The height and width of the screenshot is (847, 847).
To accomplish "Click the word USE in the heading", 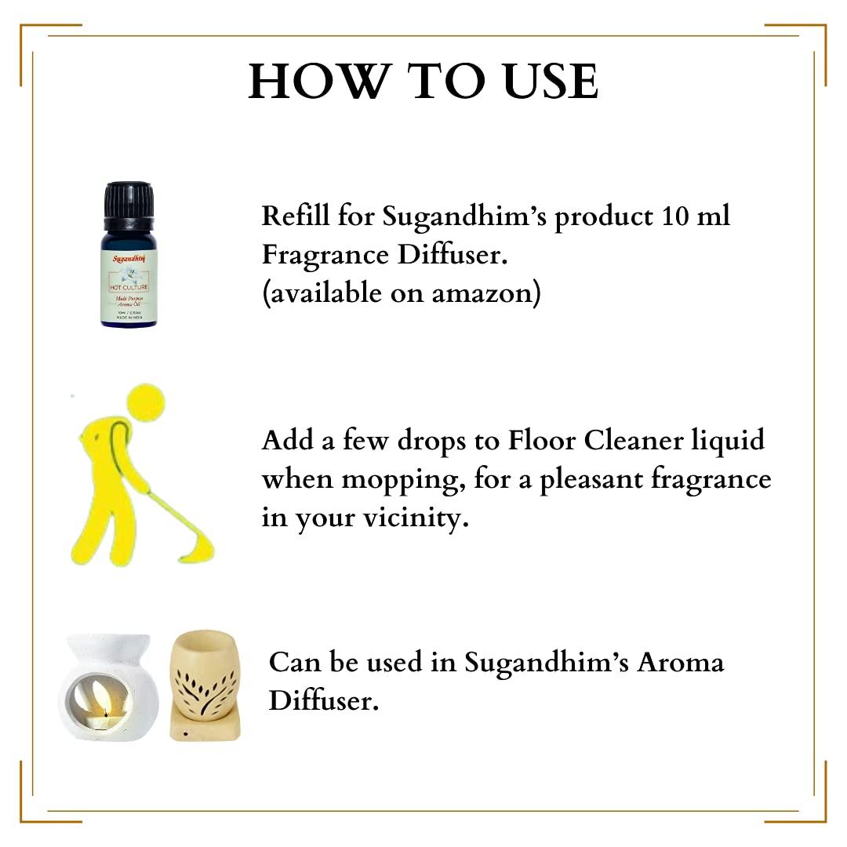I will point(540,81).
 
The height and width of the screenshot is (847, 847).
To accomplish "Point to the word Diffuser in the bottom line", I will point(324,700).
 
